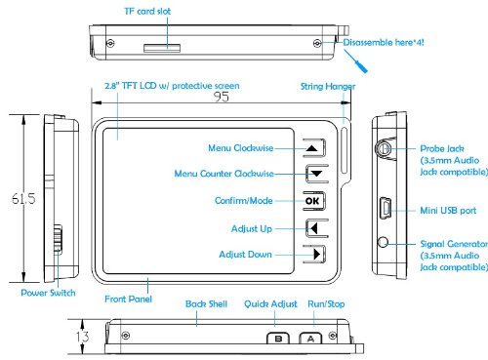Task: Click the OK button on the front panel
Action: point(314,201)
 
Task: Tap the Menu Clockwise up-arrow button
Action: point(314,148)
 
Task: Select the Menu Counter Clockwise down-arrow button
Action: point(316,174)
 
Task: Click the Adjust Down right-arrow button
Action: point(314,254)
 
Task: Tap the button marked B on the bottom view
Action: point(278,339)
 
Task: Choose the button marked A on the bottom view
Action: point(310,339)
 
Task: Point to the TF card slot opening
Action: point(162,48)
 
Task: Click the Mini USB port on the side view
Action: point(386,208)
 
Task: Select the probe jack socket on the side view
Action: point(385,149)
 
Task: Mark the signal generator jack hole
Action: point(384,242)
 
